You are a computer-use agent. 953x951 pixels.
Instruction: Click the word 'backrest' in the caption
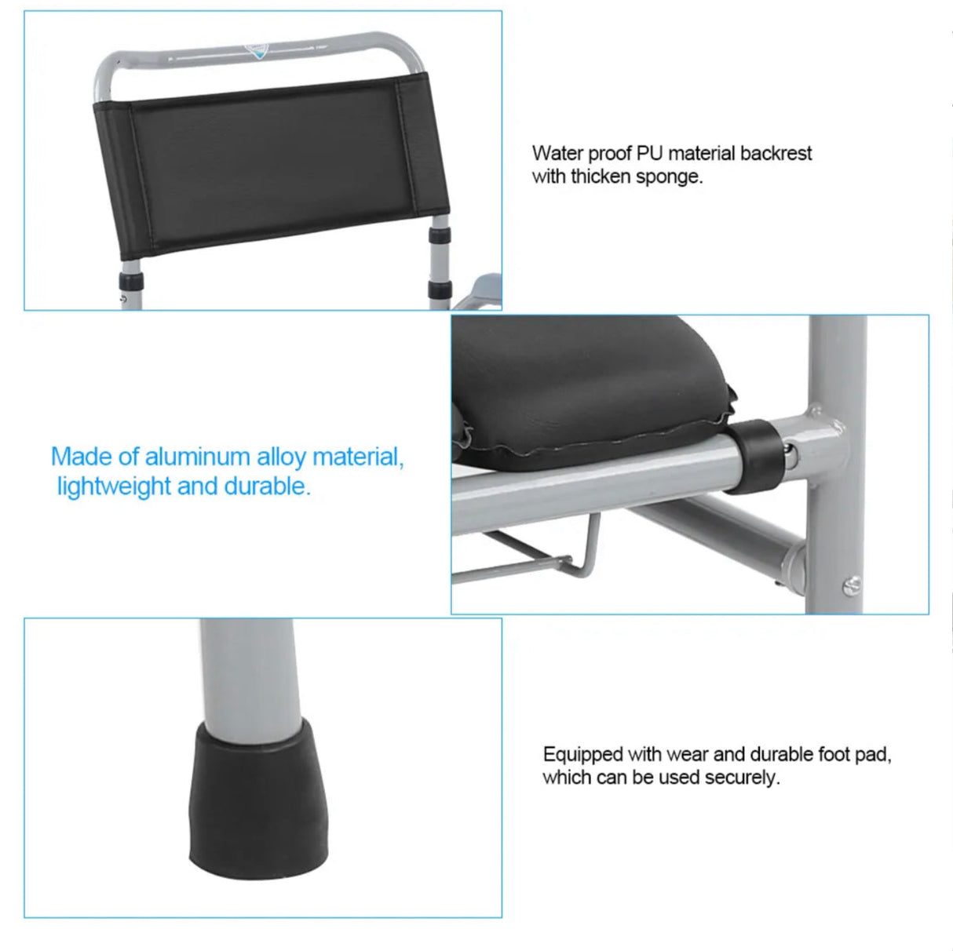[776, 153]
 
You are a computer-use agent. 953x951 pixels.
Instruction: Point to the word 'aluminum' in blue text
[200, 457]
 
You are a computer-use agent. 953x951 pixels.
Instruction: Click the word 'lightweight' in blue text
[114, 486]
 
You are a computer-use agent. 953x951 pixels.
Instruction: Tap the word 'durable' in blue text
[265, 486]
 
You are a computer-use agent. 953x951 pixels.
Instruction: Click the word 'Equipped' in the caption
[582, 755]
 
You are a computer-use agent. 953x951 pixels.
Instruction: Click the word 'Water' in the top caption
[557, 153]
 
